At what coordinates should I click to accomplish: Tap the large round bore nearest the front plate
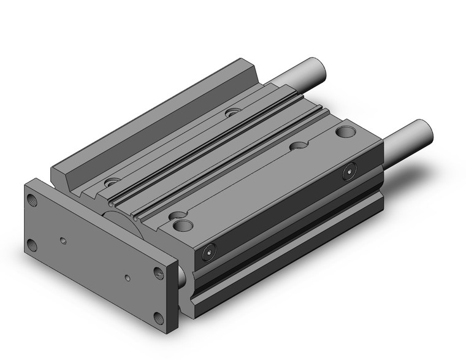pos(183,226)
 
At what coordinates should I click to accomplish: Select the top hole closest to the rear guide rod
pos(232,112)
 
